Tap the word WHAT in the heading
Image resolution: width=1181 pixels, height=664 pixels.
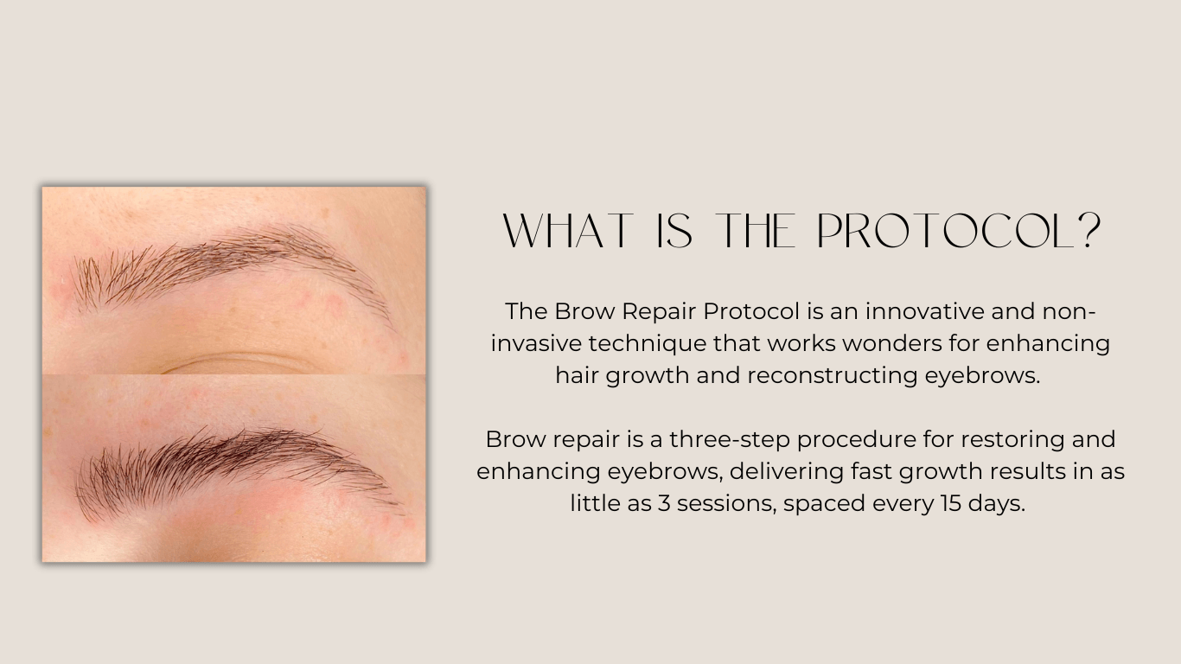pyautogui.click(x=567, y=231)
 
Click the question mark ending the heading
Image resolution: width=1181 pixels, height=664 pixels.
pyautogui.click(x=1091, y=231)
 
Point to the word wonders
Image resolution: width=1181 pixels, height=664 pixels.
pyautogui.click(x=891, y=343)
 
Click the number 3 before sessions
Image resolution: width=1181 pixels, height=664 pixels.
pyautogui.click(x=664, y=504)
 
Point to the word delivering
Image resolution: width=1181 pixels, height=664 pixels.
pyautogui.click(x=787, y=472)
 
